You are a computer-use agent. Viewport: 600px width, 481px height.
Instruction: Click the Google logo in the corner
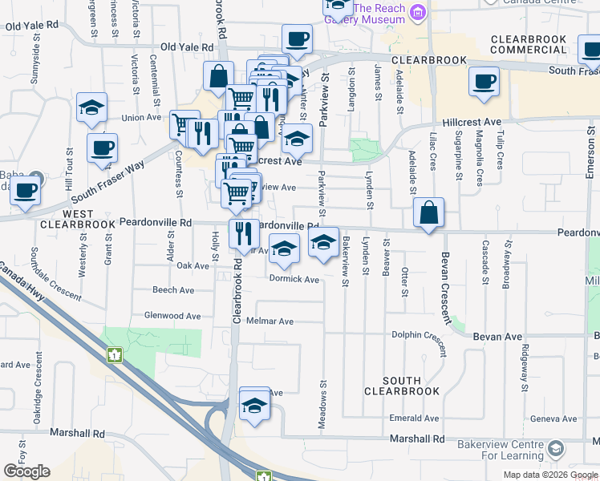click(x=26, y=471)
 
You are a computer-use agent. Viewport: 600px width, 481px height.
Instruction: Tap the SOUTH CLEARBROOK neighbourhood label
click(x=402, y=386)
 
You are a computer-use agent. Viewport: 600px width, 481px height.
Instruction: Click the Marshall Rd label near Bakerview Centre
click(x=416, y=439)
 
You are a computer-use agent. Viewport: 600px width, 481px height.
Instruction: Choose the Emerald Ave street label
click(x=415, y=418)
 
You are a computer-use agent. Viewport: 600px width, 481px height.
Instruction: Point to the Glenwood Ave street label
click(x=172, y=316)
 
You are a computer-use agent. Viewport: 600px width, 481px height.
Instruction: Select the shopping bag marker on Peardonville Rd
click(x=429, y=213)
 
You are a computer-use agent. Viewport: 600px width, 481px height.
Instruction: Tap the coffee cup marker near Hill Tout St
click(x=102, y=148)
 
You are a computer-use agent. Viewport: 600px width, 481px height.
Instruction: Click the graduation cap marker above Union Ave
click(x=91, y=108)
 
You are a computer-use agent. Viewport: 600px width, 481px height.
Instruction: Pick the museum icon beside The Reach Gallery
click(x=417, y=13)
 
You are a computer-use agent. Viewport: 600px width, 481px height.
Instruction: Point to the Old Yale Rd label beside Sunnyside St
click(x=31, y=26)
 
